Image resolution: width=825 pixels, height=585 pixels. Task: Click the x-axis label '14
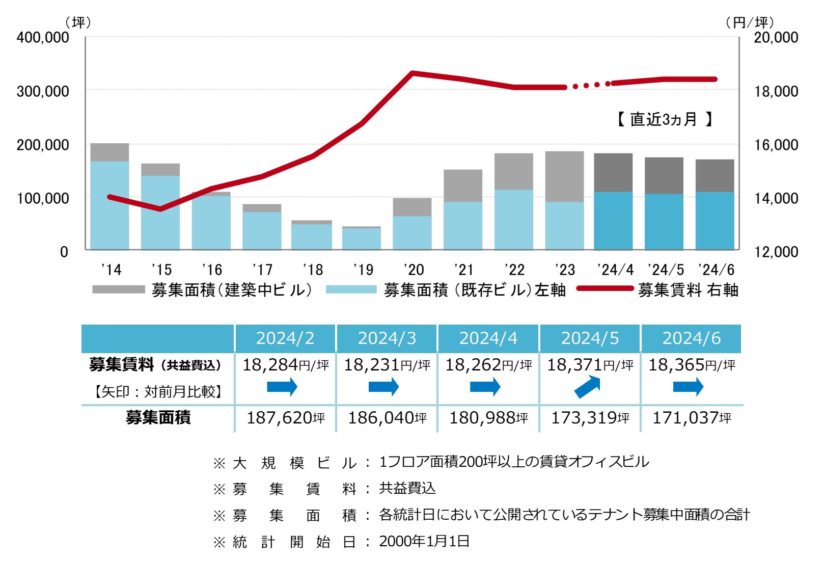(111, 270)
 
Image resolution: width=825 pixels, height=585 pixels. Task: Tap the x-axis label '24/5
(666, 270)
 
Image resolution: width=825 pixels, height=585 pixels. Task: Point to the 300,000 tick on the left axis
(43, 91)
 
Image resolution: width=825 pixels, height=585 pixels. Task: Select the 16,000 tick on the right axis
(776, 145)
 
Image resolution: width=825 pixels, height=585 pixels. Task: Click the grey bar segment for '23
(564, 176)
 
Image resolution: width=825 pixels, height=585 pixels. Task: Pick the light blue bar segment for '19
(361, 238)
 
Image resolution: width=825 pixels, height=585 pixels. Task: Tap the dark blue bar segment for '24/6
(714, 221)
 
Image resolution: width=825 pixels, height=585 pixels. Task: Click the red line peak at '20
(413, 73)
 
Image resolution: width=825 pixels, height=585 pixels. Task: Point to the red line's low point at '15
(161, 208)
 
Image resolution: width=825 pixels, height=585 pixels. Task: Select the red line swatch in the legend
(605, 289)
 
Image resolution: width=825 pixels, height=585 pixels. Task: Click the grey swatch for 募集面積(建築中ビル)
(119, 289)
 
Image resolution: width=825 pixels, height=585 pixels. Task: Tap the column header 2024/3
(387, 338)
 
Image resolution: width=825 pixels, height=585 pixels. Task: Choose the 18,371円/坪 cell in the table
(590, 365)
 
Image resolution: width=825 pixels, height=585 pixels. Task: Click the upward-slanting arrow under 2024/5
(588, 387)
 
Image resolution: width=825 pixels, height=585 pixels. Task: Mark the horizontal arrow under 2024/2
(282, 387)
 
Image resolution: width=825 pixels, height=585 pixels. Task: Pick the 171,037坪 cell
(691, 418)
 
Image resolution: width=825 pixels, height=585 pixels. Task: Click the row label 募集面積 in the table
(158, 418)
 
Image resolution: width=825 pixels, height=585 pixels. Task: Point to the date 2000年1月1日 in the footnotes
(424, 541)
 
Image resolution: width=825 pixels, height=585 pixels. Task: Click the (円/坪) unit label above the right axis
(749, 22)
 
